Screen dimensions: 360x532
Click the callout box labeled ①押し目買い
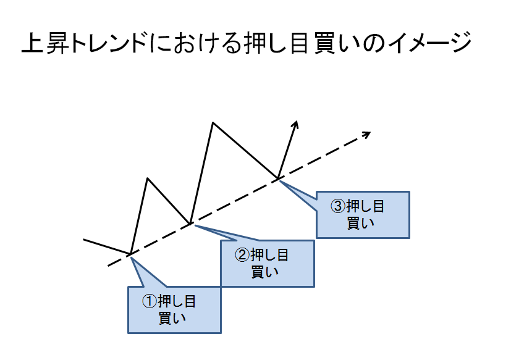pos(174,310)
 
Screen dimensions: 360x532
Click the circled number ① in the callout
pos(150,301)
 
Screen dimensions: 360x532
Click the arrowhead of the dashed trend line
pos(367,134)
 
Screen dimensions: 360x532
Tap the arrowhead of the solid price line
pos(296,123)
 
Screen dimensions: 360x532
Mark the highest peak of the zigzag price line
pos(213,123)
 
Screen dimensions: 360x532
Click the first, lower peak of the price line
pos(148,178)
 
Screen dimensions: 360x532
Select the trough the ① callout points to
pos(130,254)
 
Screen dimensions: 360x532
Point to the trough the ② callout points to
pos(190,223)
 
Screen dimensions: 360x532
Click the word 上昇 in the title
pos(45,44)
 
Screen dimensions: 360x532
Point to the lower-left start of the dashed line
pos(109,266)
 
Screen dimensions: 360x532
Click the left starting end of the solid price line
pos(83,238)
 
